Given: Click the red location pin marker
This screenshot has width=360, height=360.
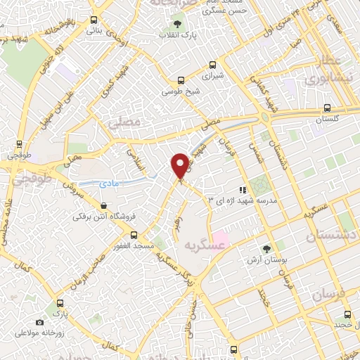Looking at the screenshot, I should click(180, 165).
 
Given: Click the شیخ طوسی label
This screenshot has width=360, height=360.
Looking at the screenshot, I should click(176, 91).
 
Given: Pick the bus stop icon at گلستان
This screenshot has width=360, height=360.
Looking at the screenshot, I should click(327, 109).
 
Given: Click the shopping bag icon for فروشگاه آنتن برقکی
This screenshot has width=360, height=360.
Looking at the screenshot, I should click(103, 206).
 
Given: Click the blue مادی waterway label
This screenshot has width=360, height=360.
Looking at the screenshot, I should click(111, 181).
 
